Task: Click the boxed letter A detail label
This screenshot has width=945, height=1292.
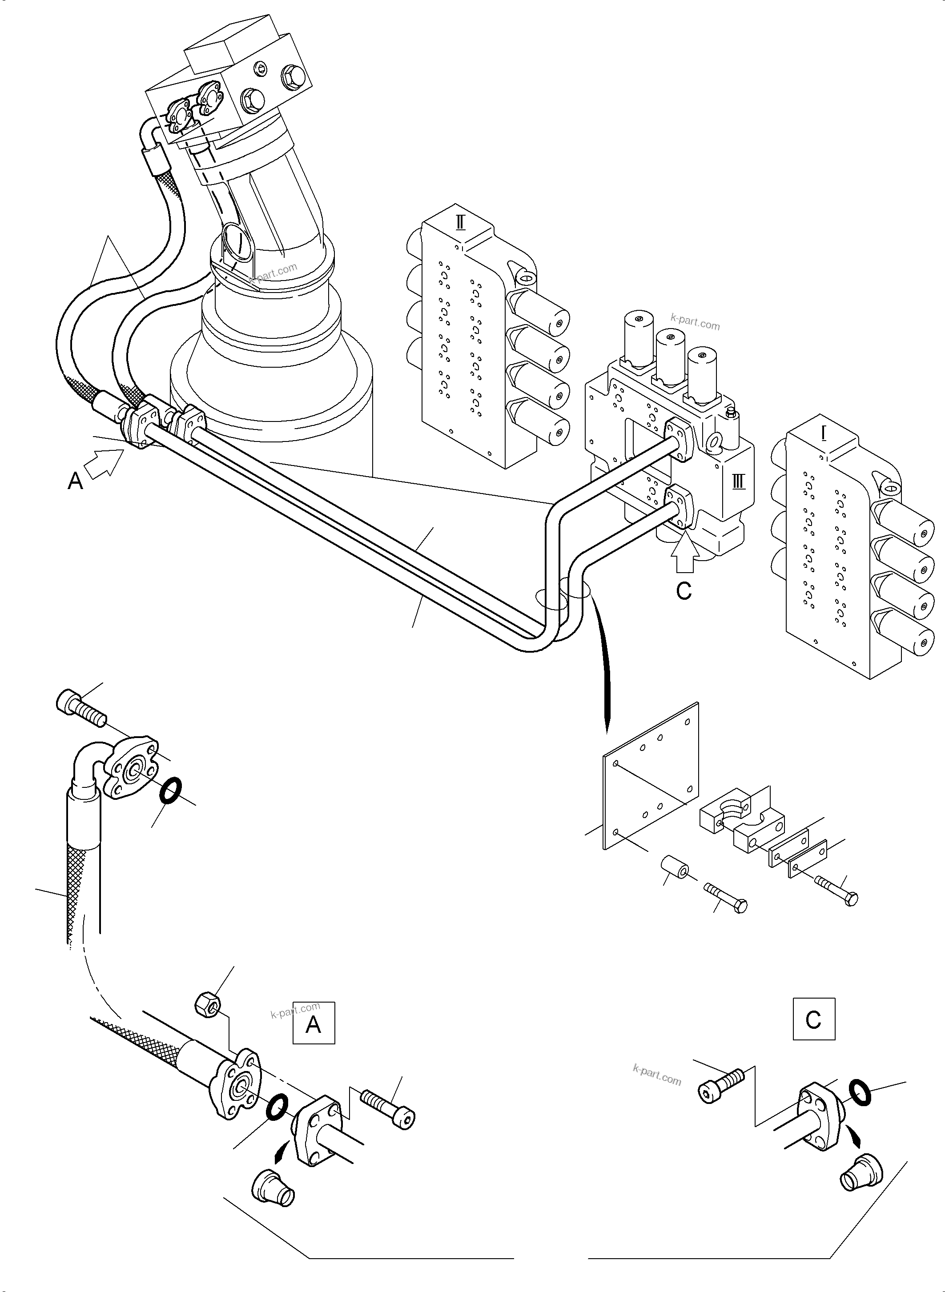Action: tap(314, 1023)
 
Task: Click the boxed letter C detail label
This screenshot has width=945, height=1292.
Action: tap(813, 1019)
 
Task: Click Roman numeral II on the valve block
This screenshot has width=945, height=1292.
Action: tap(460, 222)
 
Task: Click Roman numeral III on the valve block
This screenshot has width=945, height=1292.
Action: tap(739, 481)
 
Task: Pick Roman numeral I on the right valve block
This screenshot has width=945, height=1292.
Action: tap(824, 434)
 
